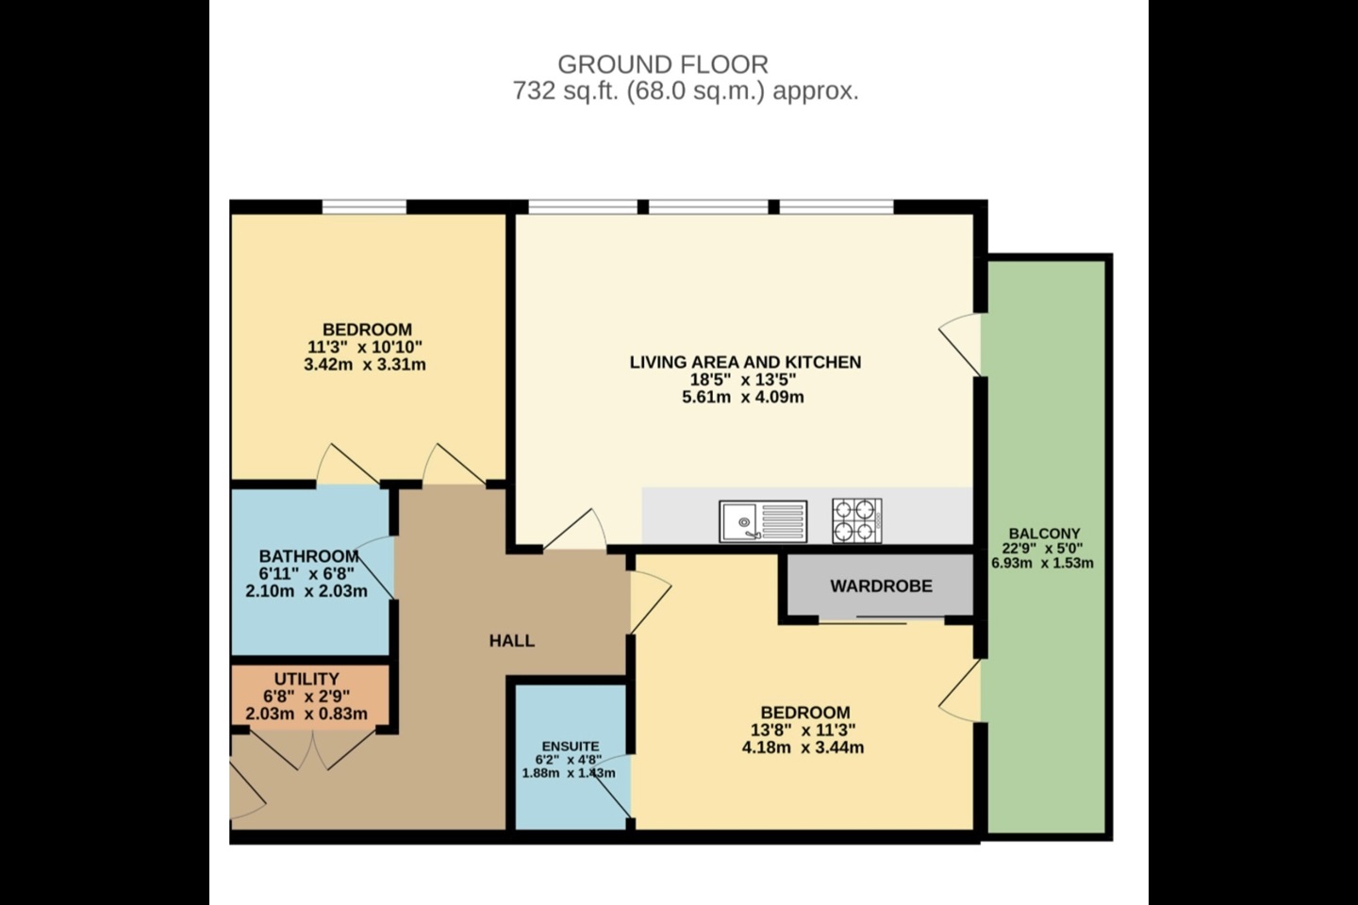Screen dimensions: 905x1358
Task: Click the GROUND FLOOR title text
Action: pos(662,64)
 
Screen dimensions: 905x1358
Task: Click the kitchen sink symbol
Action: pos(762,521)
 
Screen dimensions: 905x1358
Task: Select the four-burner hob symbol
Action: pos(857,520)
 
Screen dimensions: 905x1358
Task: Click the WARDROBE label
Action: pos(881,585)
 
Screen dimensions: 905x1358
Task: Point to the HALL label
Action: pos(511,641)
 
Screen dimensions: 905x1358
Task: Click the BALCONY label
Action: pos(1043,534)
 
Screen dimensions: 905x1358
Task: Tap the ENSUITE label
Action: pos(570,747)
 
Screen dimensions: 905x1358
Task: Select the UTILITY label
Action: pos(306,679)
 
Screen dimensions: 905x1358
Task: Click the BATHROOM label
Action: pos(308,556)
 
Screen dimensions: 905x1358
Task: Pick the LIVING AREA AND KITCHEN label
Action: pos(745,362)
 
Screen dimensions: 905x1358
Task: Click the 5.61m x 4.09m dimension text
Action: pos(743,397)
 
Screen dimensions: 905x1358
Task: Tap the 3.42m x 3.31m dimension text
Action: pos(365,364)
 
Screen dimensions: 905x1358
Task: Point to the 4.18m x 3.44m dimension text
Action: pos(803,748)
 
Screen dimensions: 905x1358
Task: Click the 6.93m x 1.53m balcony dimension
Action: pos(1042,564)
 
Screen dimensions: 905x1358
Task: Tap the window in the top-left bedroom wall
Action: pos(364,206)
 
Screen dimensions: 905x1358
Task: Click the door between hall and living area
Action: pos(576,531)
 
